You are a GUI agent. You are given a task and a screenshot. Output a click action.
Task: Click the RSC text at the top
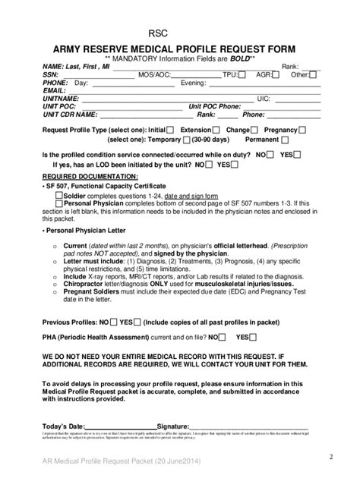point(158,34)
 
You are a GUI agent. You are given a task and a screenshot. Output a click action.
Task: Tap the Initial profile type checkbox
point(169,130)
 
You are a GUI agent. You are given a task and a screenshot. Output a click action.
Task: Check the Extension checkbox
point(217,130)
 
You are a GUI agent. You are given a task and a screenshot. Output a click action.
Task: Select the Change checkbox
point(254,130)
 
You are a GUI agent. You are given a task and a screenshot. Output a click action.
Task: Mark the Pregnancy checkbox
point(303,130)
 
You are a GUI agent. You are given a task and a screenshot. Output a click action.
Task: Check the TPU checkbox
point(242,75)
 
